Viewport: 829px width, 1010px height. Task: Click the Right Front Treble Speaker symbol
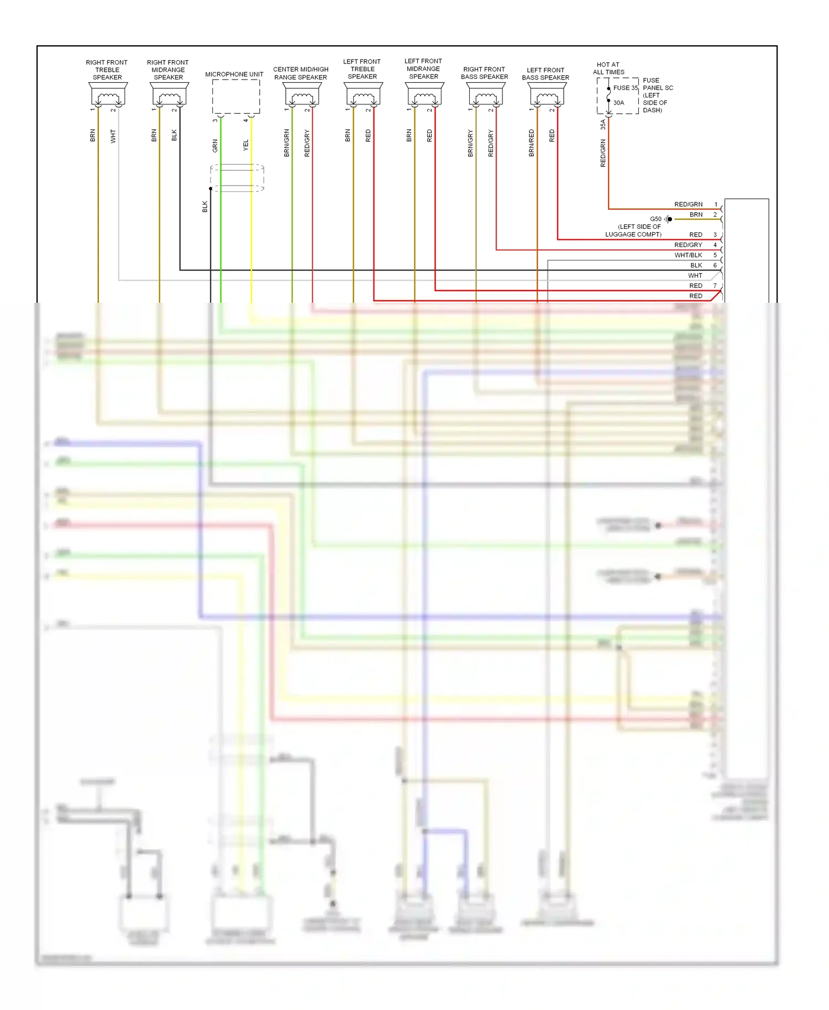[x=108, y=94]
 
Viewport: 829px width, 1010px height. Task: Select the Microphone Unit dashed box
[x=236, y=97]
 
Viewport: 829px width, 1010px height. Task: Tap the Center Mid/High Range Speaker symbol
[x=302, y=94]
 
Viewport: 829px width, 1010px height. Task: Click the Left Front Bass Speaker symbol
[x=547, y=94]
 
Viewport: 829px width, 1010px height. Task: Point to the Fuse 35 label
[x=625, y=88]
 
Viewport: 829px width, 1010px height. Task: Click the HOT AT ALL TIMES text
[x=608, y=69]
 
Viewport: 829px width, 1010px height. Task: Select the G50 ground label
[x=655, y=219]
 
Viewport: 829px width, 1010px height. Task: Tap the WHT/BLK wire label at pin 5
[x=688, y=255]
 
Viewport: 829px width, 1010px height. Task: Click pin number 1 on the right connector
[x=716, y=204]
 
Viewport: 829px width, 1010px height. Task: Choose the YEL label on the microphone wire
[x=246, y=145]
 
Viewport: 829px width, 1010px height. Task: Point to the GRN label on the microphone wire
[x=215, y=146]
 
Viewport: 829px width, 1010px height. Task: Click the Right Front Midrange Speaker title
[x=168, y=70]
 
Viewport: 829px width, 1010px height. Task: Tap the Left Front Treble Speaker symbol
[x=363, y=94]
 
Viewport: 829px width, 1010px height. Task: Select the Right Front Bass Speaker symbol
[x=485, y=94]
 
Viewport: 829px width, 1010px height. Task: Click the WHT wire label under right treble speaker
[x=113, y=136]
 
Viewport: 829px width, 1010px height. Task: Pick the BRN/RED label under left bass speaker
[x=532, y=143]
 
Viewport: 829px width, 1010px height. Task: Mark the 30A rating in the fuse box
[x=618, y=103]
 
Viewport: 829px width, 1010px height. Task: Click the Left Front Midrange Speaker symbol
[x=424, y=94]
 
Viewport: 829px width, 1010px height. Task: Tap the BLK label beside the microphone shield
[x=205, y=206]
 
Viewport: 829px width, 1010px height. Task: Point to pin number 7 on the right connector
[x=715, y=286]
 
